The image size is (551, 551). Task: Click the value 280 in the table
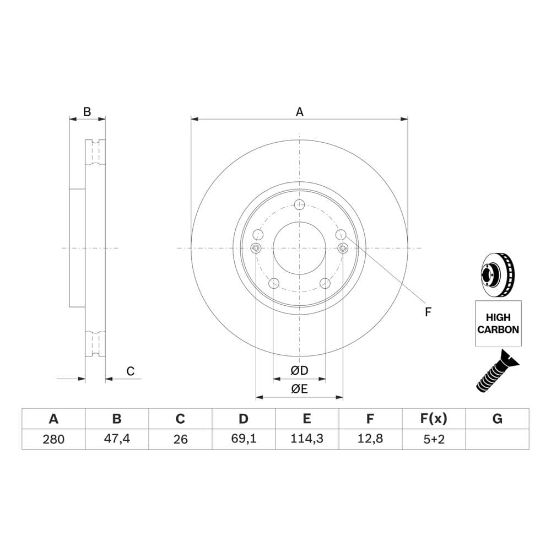click(53, 439)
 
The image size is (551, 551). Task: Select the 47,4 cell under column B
click(117, 439)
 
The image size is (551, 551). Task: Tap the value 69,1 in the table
click(244, 439)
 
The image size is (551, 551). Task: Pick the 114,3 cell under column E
click(307, 439)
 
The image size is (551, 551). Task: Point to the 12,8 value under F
click(370, 439)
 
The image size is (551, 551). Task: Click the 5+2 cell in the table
click(434, 439)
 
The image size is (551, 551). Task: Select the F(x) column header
click(434, 419)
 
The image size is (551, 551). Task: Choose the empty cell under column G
click(497, 439)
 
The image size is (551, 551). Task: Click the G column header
click(497, 419)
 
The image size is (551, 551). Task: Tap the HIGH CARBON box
click(498, 323)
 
